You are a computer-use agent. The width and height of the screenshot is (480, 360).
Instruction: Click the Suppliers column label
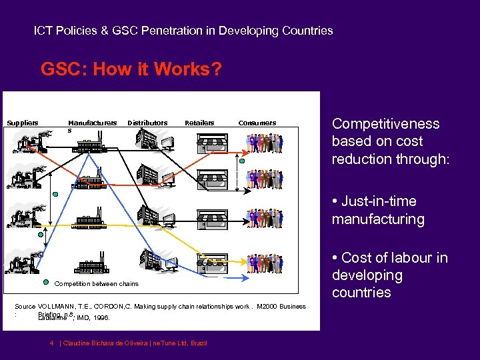click(x=23, y=123)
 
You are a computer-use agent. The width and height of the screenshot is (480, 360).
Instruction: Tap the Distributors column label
click(x=147, y=123)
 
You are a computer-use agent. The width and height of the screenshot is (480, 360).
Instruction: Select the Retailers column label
click(x=199, y=123)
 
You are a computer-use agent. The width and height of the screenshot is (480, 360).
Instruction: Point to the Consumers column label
click(x=257, y=123)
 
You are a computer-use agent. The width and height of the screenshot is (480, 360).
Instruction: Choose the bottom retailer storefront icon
click(x=212, y=260)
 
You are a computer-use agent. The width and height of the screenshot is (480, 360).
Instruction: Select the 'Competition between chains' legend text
click(x=96, y=284)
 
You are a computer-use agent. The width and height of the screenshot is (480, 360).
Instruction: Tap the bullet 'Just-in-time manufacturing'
click(x=378, y=210)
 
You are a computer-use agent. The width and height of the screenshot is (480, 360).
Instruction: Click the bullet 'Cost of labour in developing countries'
click(x=390, y=275)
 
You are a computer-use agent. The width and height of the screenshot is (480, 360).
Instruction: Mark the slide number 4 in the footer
click(x=51, y=343)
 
